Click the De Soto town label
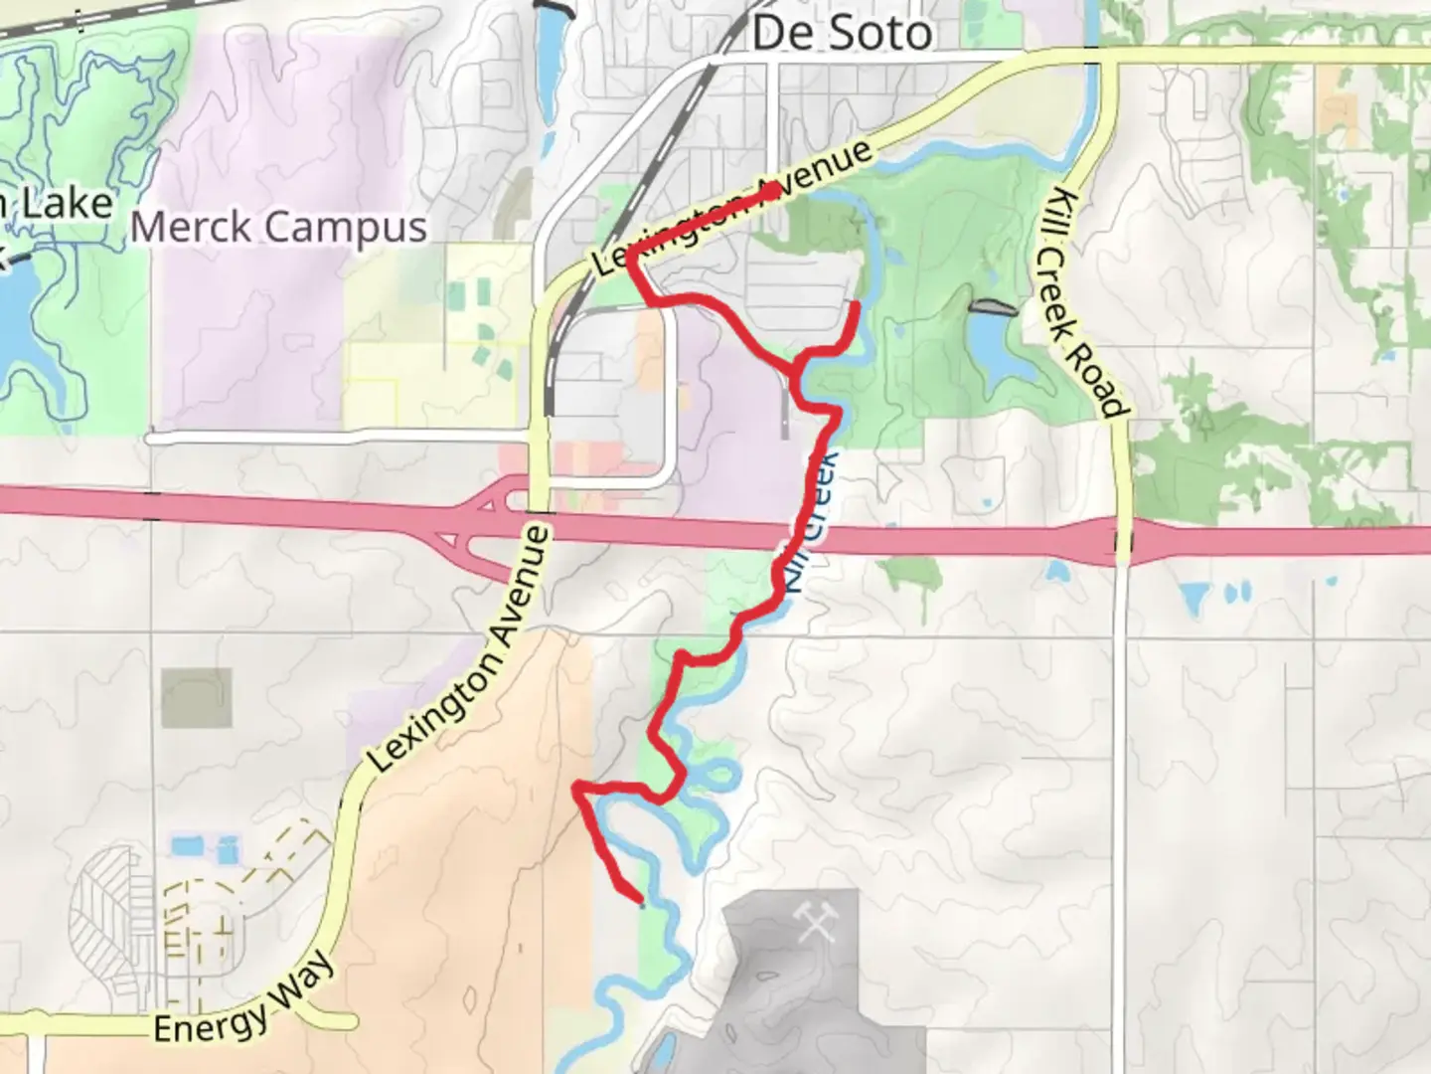[842, 33]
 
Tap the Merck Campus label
[279, 227]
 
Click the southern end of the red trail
[640, 902]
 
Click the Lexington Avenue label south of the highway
[459, 649]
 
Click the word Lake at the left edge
[67, 205]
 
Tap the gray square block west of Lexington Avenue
[197, 697]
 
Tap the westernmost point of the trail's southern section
[576, 788]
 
